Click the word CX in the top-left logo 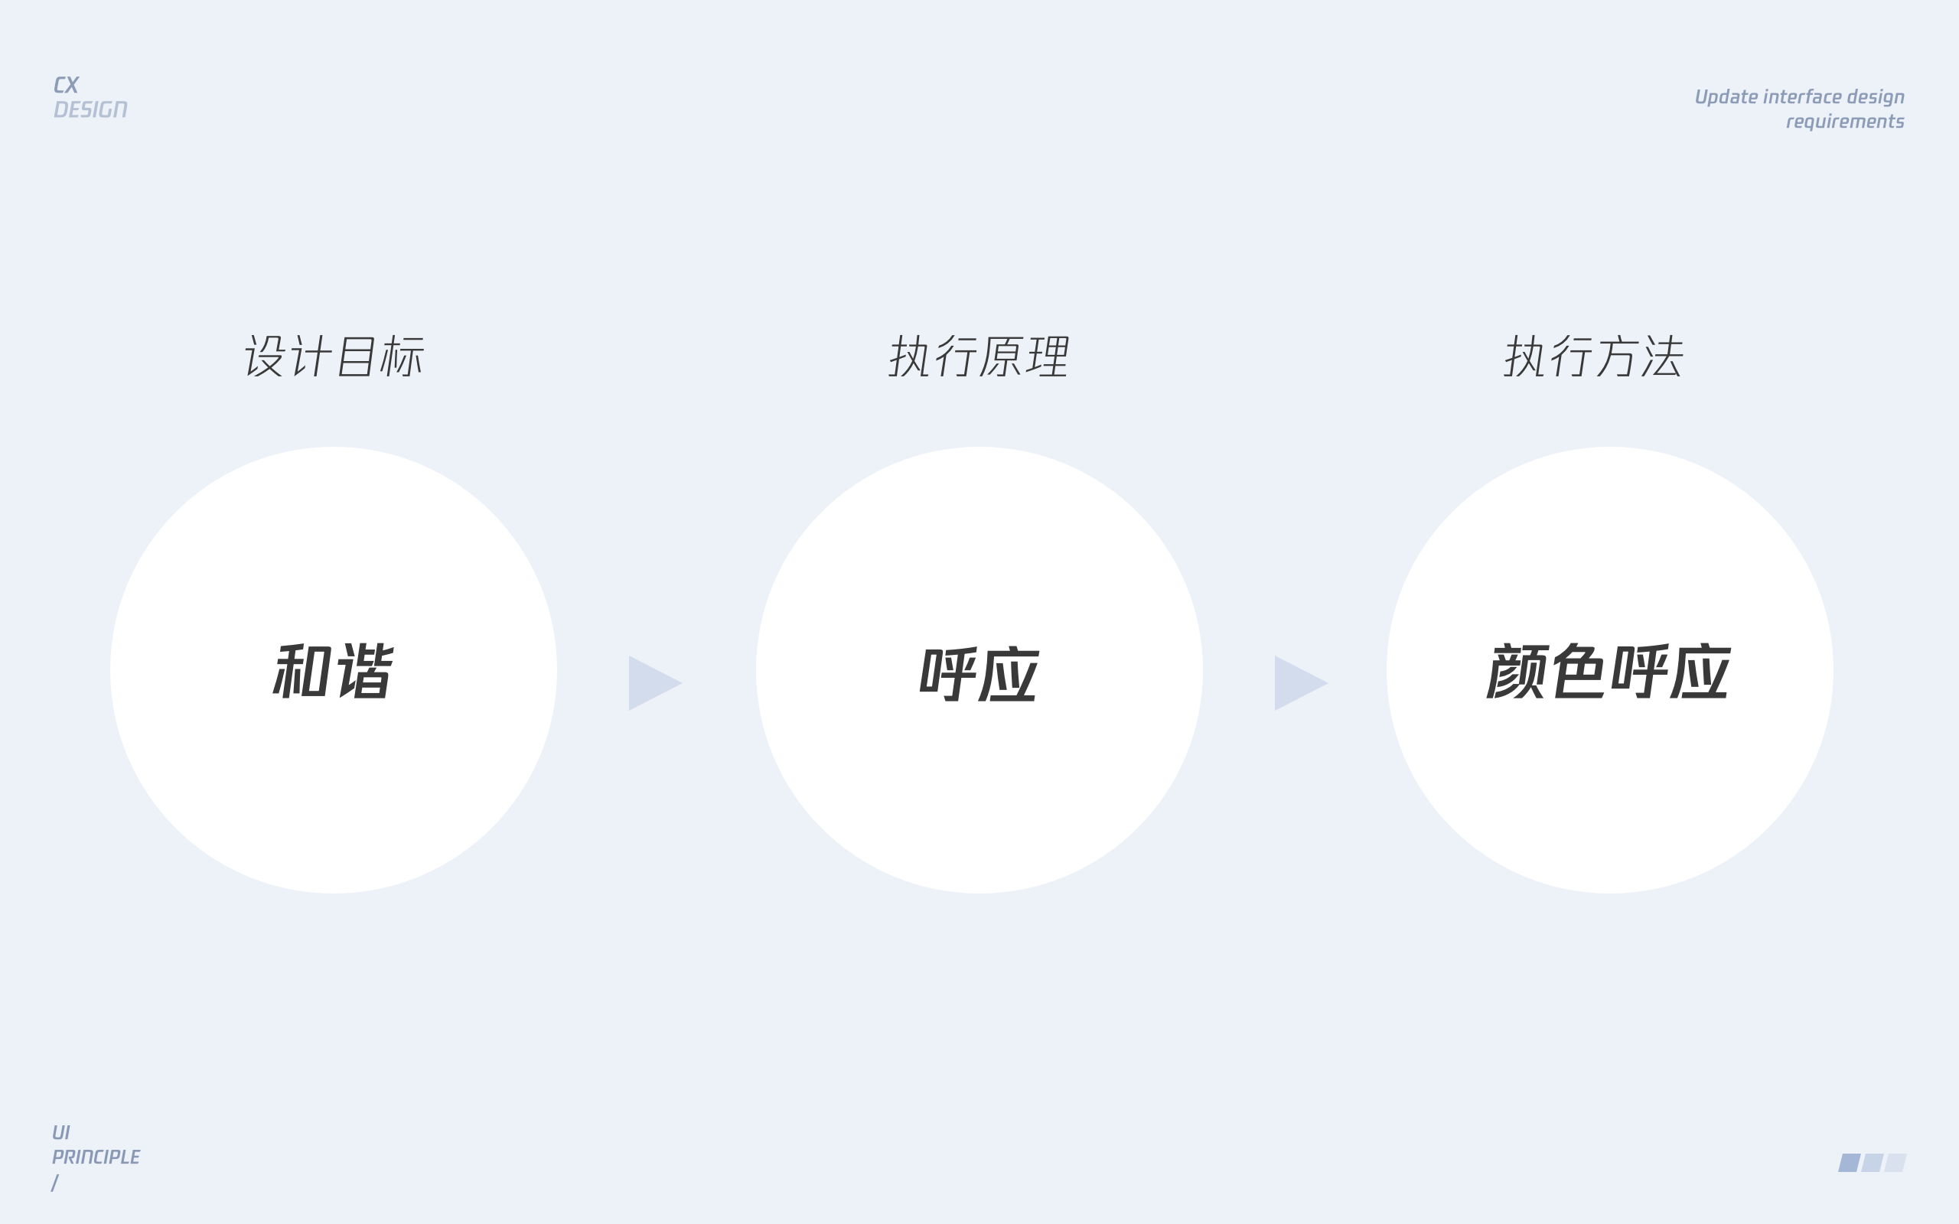(x=67, y=85)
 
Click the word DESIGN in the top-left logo (x=90, y=109)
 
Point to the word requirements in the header (x=1845, y=122)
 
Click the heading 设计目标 (x=334, y=356)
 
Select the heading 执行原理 (x=979, y=356)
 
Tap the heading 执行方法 (x=1594, y=356)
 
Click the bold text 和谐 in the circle (x=334, y=671)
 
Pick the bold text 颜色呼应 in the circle (x=1609, y=671)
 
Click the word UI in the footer (x=61, y=1132)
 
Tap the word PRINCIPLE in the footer (x=96, y=1157)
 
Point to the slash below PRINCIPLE (x=55, y=1183)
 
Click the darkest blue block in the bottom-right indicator (x=1850, y=1163)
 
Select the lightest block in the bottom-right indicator (x=1895, y=1163)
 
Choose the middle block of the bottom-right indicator (x=1873, y=1163)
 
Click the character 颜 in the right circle (x=1517, y=671)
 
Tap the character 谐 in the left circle (x=366, y=671)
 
